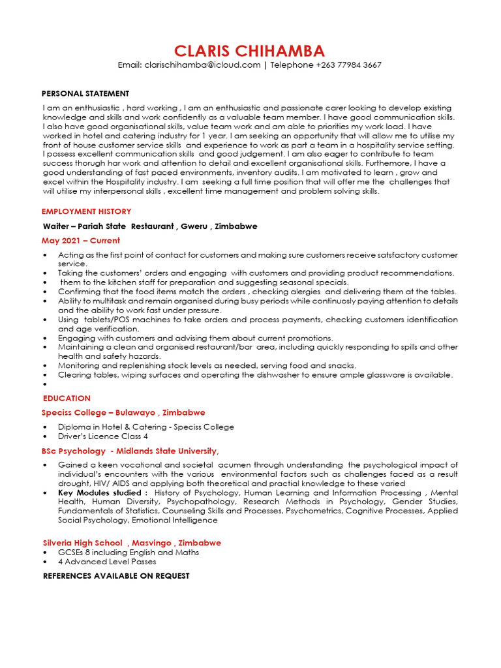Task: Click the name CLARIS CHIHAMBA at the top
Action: [x=249, y=51]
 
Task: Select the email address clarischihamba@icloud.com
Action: [x=202, y=65]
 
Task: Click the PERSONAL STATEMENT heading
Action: [x=85, y=93]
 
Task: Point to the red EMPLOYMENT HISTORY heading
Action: [x=86, y=211]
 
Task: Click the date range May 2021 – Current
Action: [x=81, y=241]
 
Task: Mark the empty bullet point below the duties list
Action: [x=44, y=385]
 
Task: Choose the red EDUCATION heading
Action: [x=67, y=398]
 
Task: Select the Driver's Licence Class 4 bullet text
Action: [x=103, y=436]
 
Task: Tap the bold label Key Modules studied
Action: [x=102, y=493]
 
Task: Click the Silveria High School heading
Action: [x=82, y=543]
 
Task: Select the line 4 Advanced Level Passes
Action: [x=107, y=562]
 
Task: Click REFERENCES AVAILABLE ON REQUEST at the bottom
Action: [x=116, y=576]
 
